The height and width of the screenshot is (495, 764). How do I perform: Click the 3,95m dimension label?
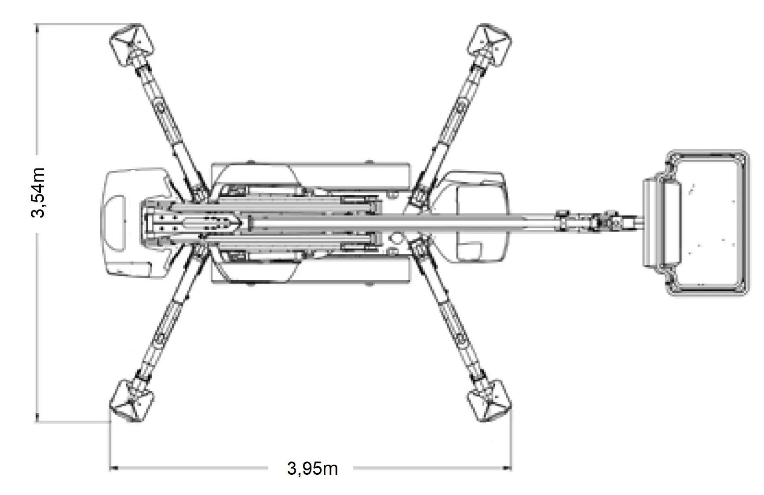point(312,468)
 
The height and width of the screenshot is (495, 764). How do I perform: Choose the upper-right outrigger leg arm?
point(453,123)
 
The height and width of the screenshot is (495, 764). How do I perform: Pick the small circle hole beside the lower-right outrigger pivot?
point(396,238)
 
